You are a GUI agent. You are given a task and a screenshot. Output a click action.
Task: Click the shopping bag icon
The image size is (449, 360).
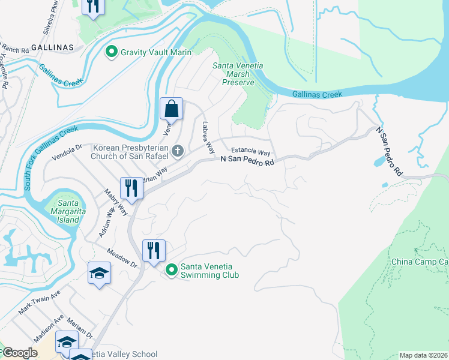(x=171, y=109)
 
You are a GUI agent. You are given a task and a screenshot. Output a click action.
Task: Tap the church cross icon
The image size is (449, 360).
(x=178, y=151)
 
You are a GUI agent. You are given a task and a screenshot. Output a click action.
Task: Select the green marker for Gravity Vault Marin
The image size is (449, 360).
(x=111, y=52)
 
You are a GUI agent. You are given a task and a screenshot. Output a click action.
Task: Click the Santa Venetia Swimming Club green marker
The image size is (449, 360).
(x=171, y=271)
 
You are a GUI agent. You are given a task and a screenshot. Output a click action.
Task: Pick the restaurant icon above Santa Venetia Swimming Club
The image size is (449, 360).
(x=154, y=251)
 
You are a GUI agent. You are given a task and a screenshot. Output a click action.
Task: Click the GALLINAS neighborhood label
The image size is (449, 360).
(x=53, y=47)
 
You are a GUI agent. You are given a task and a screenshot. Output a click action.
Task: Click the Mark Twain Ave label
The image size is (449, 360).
(x=40, y=303)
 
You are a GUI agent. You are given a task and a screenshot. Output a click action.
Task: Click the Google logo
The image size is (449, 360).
(x=20, y=353)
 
